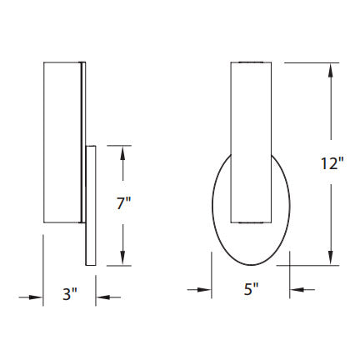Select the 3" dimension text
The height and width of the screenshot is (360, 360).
pyautogui.click(x=69, y=293)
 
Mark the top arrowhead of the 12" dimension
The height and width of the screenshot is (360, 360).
pyautogui.click(x=332, y=70)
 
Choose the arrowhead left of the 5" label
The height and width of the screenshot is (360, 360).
pyautogui.click(x=202, y=289)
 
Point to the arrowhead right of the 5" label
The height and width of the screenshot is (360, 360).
pyautogui.click(x=297, y=289)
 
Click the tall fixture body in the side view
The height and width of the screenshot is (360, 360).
pyautogui.click(x=61, y=142)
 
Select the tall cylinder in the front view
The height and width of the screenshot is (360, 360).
pyautogui.click(x=250, y=142)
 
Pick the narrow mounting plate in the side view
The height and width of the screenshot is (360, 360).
pyautogui.click(x=91, y=208)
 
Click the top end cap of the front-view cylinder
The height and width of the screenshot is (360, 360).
pyautogui.click(x=250, y=63)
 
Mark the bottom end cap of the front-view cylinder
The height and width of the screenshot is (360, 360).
pyautogui.click(x=250, y=222)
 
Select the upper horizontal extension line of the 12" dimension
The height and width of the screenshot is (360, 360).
pyautogui.click(x=312, y=62)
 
